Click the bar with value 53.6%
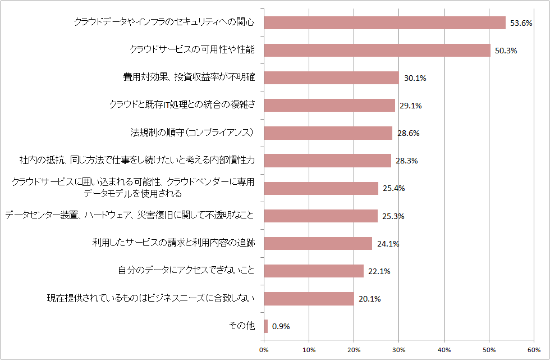coord(384,22)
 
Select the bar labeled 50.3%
coord(377,50)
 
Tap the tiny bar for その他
coord(265,326)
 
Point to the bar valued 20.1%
coord(309,299)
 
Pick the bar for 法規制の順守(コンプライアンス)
coord(328,133)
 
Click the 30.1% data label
coord(415,78)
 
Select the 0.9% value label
coord(281,326)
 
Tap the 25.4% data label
coord(393,188)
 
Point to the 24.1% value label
coord(387,244)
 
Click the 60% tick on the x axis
coord(534,350)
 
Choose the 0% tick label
coord(264,350)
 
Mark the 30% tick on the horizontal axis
coord(399,350)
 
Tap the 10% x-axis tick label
coord(309,350)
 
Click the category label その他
coord(242,326)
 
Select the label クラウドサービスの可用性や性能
coord(192,49)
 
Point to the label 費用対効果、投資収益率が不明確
coord(189,77)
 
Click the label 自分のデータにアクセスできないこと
coord(186,271)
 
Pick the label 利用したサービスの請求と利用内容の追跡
coord(174,243)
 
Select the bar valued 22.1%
coord(314,271)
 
